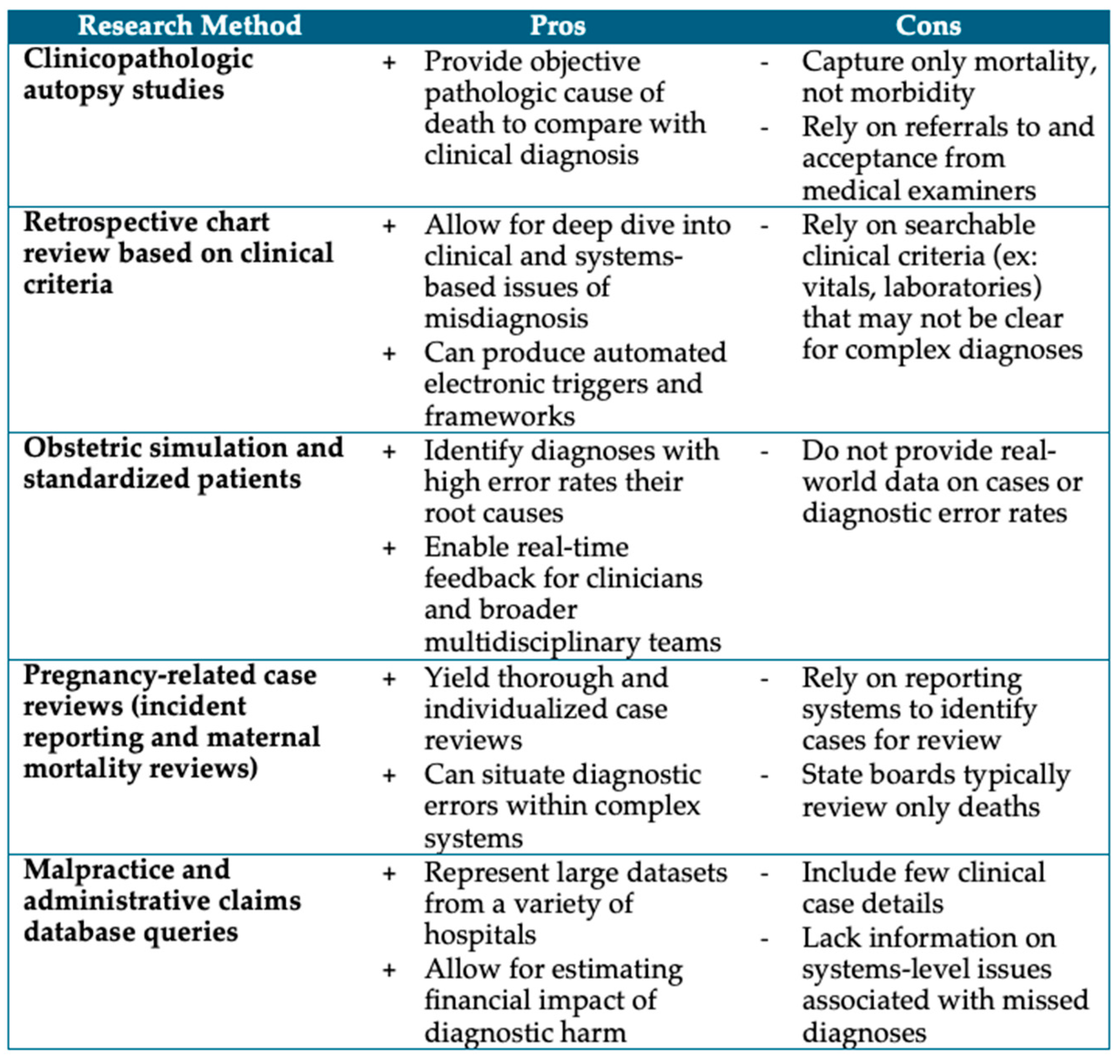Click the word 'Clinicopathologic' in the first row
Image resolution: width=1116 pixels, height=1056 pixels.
point(138,60)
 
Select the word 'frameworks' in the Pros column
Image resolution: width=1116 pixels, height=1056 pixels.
point(500,416)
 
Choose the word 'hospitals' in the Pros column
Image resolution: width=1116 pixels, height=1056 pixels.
point(480,935)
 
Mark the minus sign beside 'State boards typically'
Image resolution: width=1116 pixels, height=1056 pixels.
point(764,776)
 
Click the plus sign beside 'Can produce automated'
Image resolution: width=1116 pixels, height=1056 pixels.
point(389,354)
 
